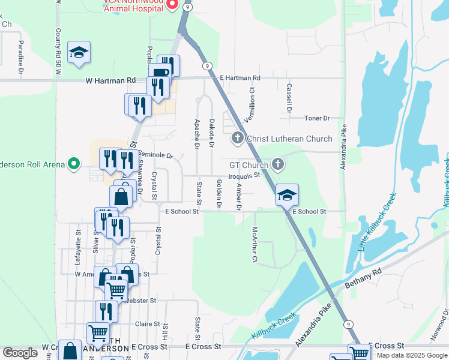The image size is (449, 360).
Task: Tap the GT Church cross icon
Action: point(277,164)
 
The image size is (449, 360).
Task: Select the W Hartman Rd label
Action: point(110,80)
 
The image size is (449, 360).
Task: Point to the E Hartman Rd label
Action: point(240,78)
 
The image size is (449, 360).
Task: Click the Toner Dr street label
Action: point(318,118)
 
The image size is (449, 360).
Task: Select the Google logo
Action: point(20,353)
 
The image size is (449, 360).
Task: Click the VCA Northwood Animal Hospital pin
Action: point(172,5)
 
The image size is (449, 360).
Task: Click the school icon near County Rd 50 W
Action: point(79,52)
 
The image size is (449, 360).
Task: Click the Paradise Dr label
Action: point(20,58)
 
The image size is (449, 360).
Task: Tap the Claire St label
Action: point(147,323)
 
